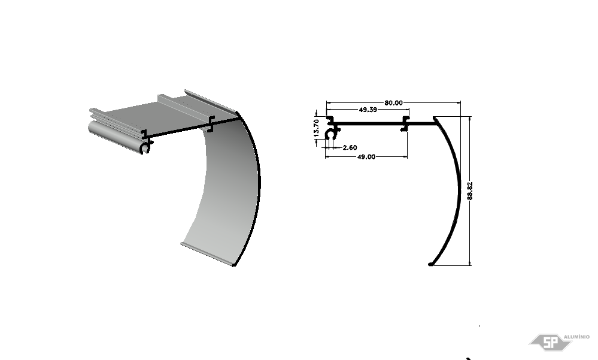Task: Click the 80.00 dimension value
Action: click(x=393, y=102)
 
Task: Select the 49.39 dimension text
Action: click(x=368, y=110)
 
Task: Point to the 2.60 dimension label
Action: click(x=350, y=147)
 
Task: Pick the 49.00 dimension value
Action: click(x=366, y=156)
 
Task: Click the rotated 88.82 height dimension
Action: click(x=469, y=190)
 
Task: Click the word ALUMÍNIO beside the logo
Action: click(x=576, y=337)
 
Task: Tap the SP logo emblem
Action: click(x=550, y=342)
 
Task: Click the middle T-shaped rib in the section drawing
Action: click(x=405, y=124)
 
